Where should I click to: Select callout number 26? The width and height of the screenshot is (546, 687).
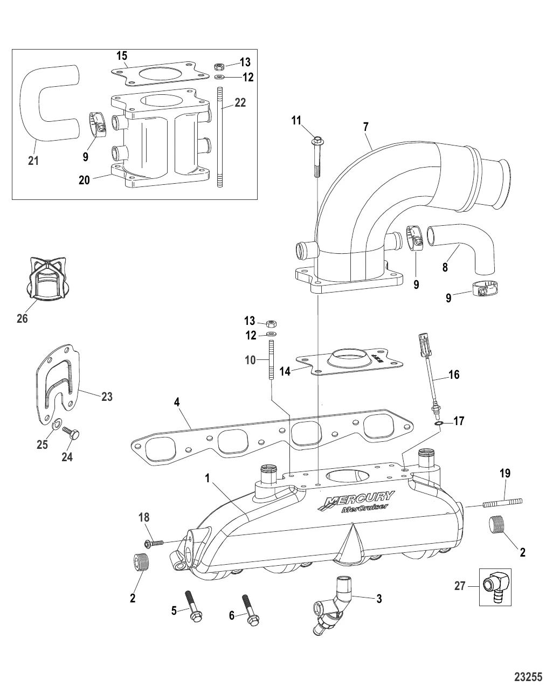22,318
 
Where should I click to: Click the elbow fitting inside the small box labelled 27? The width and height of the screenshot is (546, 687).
495,587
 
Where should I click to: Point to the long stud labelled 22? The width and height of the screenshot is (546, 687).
220,140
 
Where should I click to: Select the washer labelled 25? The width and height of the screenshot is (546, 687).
57,427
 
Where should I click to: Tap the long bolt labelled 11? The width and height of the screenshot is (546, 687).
315,156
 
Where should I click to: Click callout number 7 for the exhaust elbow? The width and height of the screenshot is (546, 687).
366,127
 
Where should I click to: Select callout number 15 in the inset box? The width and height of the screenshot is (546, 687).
122,55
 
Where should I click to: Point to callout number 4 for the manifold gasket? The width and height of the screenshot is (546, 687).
176,403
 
